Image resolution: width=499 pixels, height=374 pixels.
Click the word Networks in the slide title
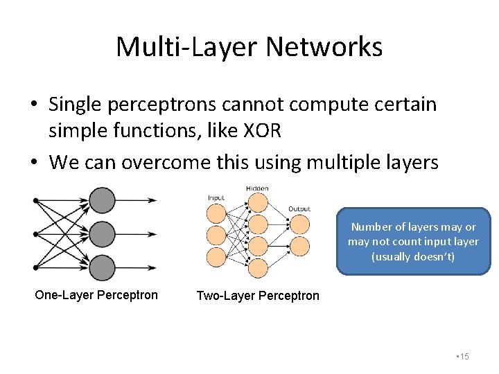[324, 47]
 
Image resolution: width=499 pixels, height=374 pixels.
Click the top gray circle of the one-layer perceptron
[102, 201]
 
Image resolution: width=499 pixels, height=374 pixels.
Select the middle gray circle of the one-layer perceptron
[102, 234]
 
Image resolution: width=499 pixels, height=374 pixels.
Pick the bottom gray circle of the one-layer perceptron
[102, 267]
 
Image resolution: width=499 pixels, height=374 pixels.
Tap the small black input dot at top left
[37, 201]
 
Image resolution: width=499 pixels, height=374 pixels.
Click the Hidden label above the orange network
[257, 188]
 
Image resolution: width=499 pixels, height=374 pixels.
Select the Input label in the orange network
[216, 197]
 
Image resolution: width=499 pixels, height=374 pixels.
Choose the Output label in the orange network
[299, 208]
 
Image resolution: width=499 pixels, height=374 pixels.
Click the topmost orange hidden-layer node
[257, 202]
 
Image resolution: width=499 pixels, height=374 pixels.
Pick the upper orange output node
[299, 224]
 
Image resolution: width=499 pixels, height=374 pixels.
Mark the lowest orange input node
[216, 258]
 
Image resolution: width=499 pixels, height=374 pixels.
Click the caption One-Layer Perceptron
[96, 295]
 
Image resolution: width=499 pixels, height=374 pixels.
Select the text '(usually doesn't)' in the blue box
[413, 257]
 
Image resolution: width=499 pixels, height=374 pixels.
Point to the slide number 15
[464, 356]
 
